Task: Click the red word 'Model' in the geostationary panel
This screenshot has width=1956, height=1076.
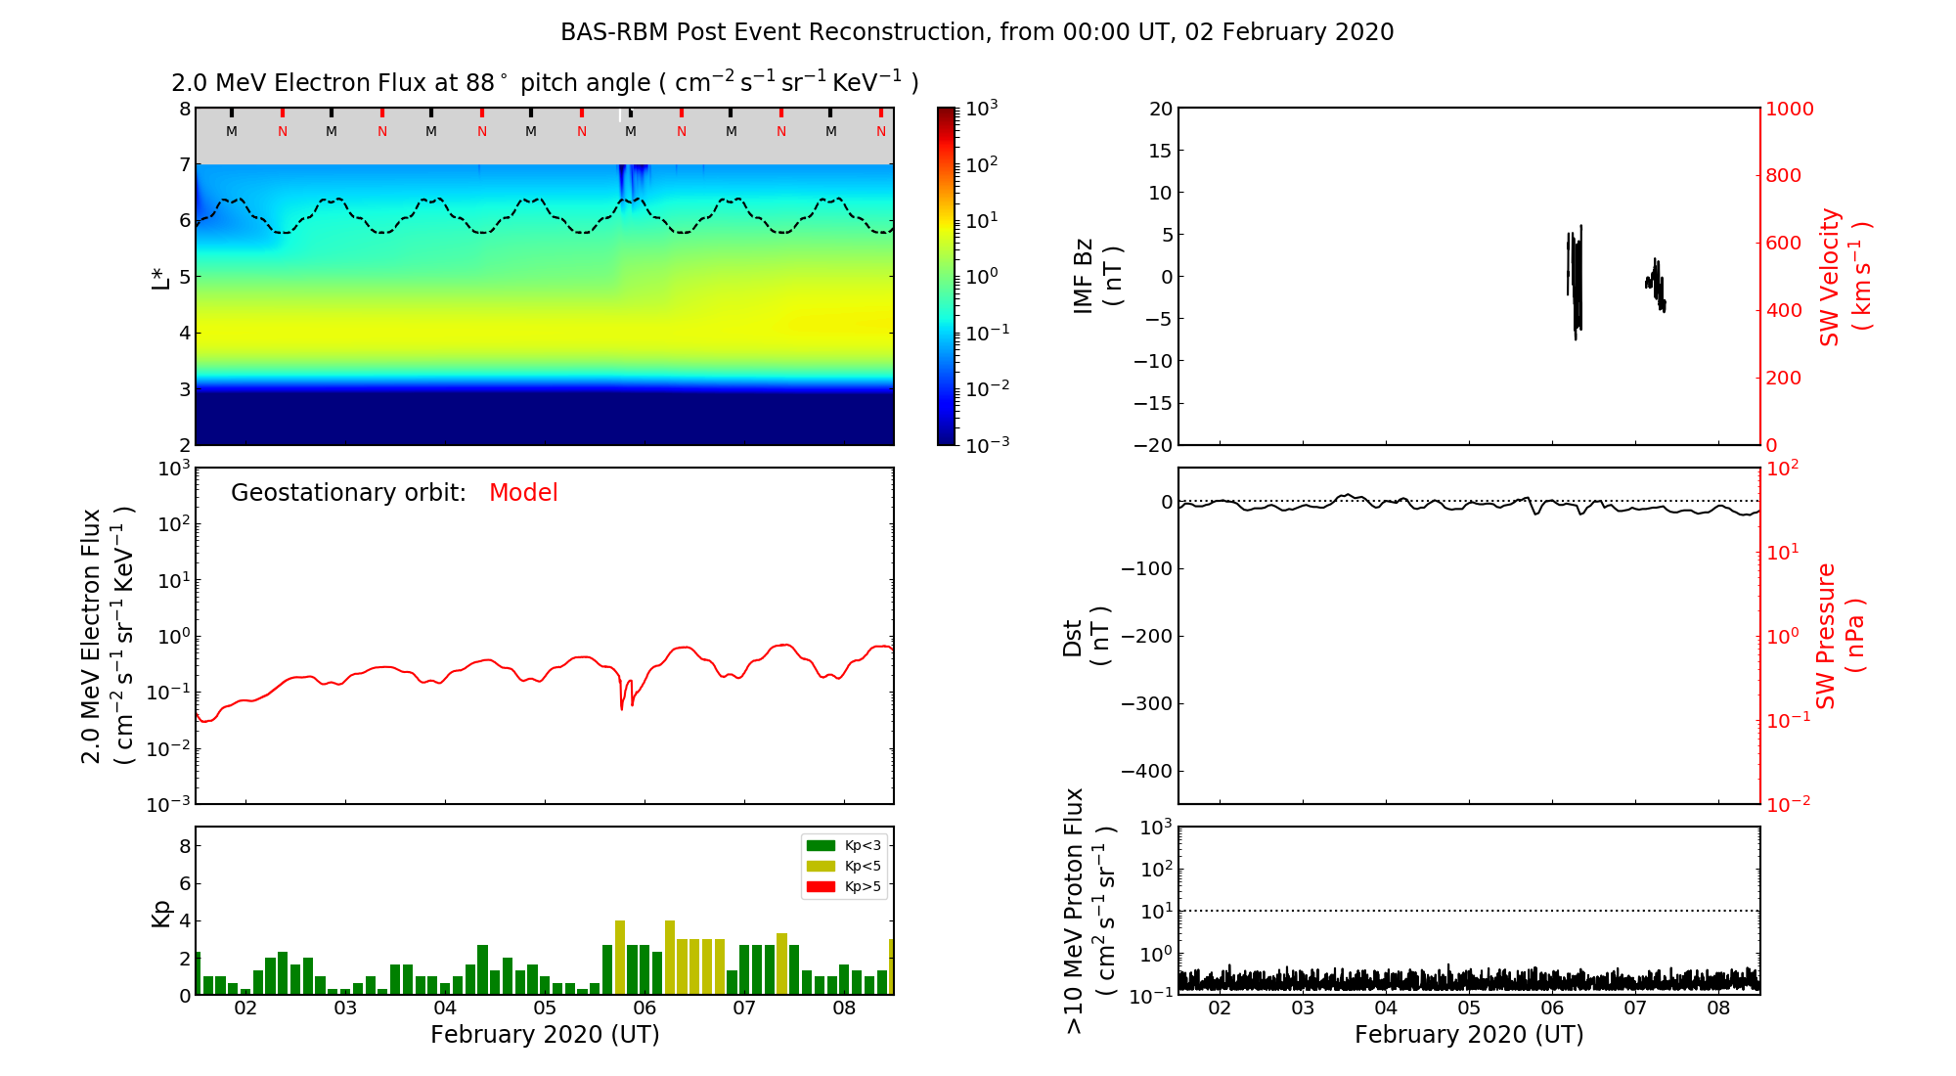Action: [x=523, y=493]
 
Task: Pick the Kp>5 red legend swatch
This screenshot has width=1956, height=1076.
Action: [x=820, y=887]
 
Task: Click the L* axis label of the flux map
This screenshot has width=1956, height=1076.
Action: [x=160, y=277]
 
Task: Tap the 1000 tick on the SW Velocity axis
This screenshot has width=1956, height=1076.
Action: [x=1789, y=109]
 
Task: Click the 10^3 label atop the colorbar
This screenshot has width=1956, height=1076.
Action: [x=981, y=108]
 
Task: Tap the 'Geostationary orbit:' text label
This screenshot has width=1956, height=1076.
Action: [x=348, y=493]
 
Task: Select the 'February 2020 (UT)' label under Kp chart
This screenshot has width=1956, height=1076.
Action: [x=545, y=1035]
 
